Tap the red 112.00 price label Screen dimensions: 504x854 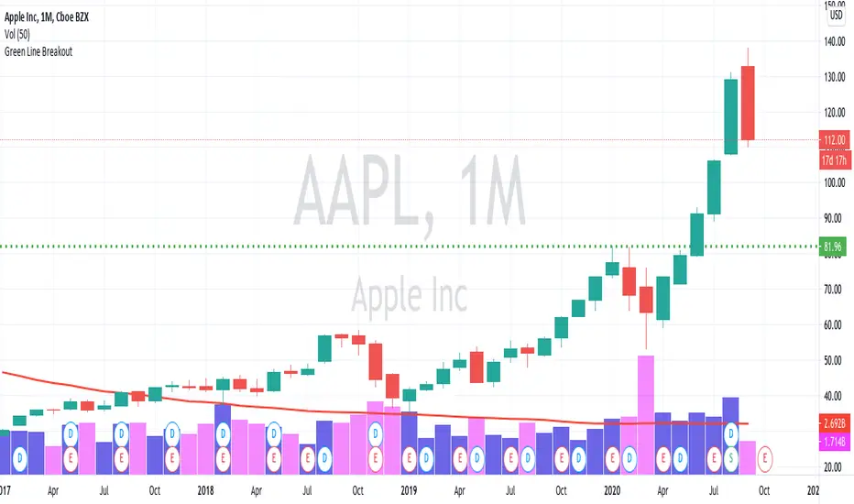[x=837, y=140]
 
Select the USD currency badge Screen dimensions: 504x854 [x=837, y=15]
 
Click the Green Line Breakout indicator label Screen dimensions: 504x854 [x=40, y=51]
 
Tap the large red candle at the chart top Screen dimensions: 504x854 [x=749, y=103]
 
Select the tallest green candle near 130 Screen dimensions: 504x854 [x=730, y=116]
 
